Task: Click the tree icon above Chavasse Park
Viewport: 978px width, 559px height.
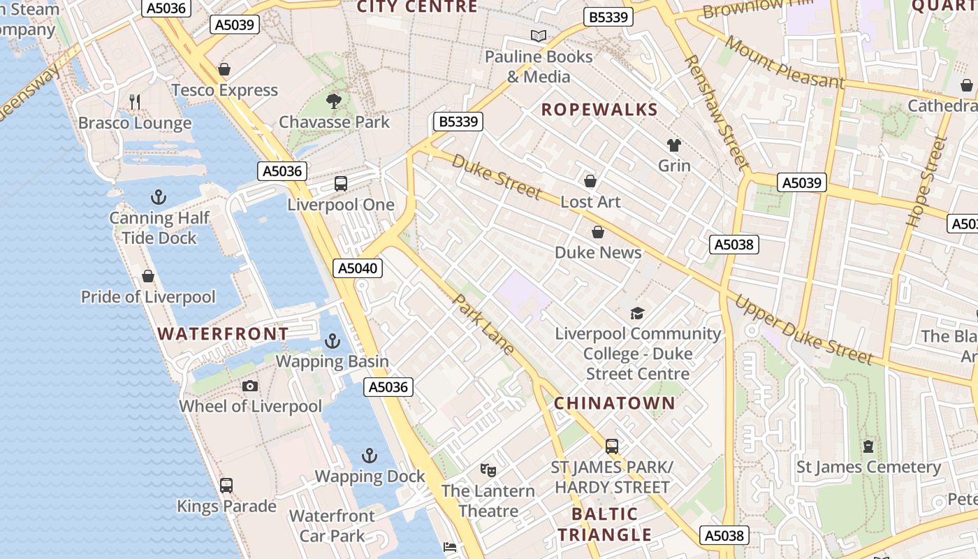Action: (334, 101)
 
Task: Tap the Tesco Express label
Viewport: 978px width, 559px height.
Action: (224, 90)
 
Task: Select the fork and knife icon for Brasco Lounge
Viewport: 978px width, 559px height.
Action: (135, 102)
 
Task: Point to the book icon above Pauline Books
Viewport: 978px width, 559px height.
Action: (538, 36)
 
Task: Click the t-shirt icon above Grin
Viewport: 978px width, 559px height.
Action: (674, 145)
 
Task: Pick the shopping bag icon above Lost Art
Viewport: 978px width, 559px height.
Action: (590, 182)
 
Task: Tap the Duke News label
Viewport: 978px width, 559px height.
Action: (598, 252)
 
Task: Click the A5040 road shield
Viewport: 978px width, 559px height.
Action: (358, 268)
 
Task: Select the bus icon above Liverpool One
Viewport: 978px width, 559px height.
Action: (341, 184)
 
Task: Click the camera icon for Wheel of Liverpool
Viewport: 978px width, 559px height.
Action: (250, 386)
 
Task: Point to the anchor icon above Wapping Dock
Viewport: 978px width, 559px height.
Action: (370, 456)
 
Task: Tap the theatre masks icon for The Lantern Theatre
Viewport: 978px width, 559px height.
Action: (488, 470)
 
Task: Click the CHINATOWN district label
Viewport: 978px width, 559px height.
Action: (615, 403)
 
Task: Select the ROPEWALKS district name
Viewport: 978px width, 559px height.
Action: (599, 110)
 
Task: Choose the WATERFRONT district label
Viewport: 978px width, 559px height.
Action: (223, 333)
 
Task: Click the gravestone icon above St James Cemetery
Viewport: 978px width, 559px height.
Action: (868, 446)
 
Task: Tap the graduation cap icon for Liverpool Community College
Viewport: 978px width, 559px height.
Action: (637, 313)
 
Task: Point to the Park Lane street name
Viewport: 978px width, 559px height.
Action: (484, 324)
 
